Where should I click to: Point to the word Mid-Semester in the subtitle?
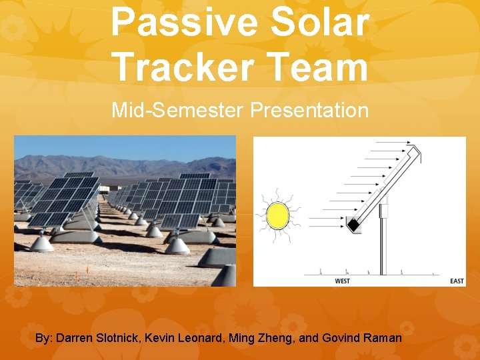(179, 110)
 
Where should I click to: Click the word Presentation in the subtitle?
(309, 110)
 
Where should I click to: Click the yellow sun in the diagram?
(277, 215)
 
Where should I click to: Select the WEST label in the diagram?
(342, 281)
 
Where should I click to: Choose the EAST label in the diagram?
(456, 281)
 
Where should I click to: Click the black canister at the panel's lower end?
(353, 227)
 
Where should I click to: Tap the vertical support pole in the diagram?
(383, 247)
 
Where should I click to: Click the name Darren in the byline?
(75, 338)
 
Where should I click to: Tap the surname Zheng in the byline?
(275, 338)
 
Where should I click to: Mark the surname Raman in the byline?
(383, 338)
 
